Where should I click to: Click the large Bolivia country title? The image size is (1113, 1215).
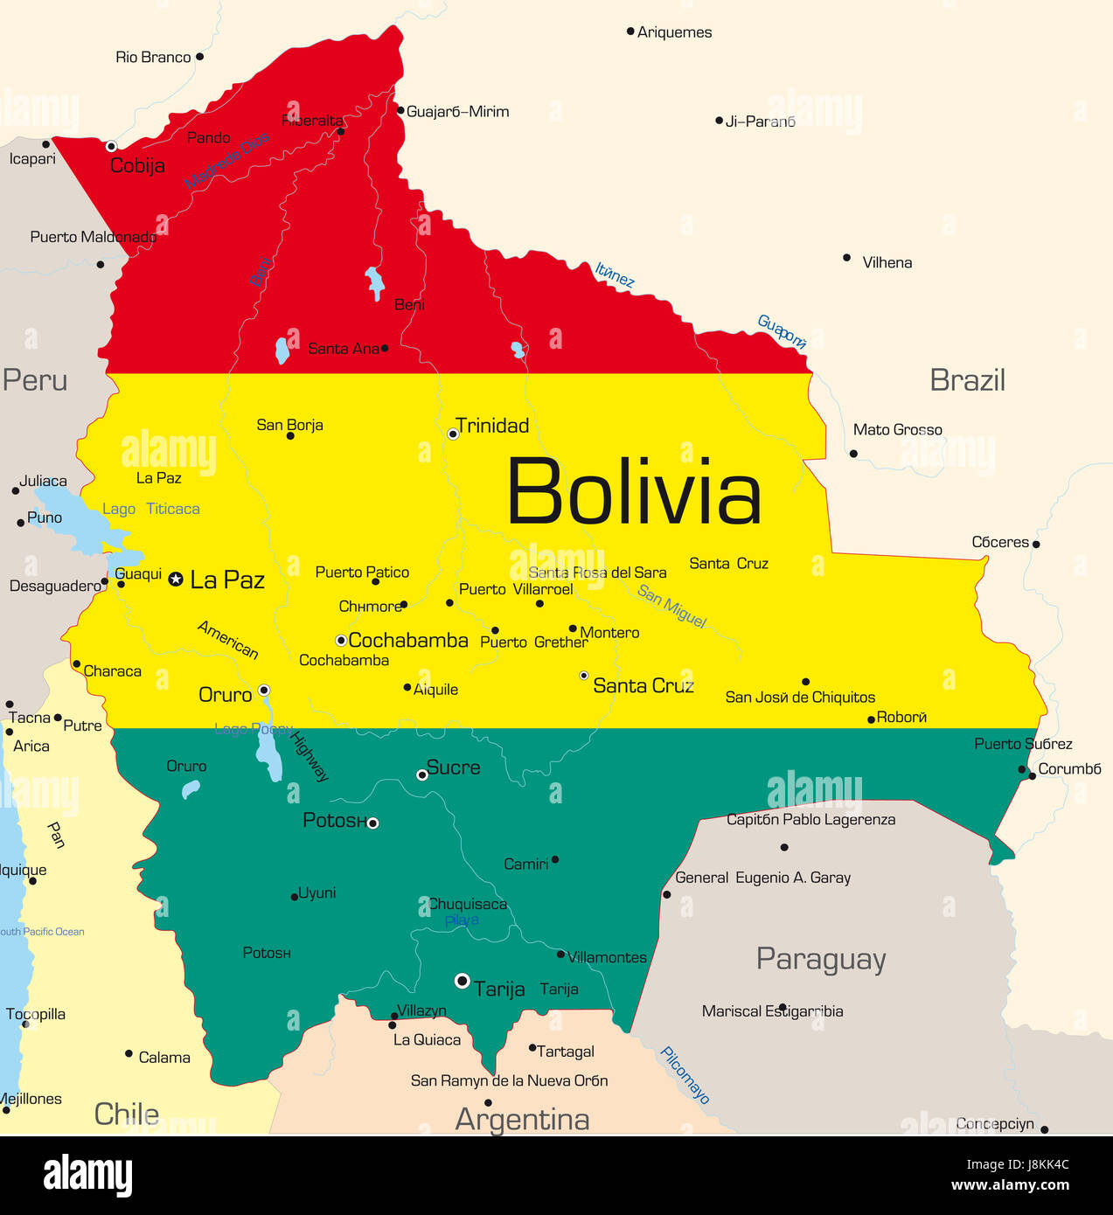(634, 491)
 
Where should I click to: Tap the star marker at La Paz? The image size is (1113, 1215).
(176, 579)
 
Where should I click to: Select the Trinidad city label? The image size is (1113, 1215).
(492, 426)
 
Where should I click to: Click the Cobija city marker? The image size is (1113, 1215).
(111, 146)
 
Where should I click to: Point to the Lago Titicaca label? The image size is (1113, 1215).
(150, 509)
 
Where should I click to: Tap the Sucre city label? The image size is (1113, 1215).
(453, 767)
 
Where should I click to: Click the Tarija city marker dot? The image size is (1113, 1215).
(463, 981)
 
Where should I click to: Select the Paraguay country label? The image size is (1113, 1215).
(821, 959)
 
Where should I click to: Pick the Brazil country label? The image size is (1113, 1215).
(967, 380)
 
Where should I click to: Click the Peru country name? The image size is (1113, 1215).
(35, 380)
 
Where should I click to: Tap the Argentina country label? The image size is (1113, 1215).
(522, 1119)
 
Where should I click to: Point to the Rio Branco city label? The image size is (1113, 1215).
(153, 57)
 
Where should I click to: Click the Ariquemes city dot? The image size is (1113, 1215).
(630, 31)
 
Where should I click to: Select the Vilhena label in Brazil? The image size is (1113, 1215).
(887, 262)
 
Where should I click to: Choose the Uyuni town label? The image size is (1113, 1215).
(317, 892)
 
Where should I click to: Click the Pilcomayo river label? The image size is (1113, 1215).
(685, 1075)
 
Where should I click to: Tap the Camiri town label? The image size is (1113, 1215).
(525, 864)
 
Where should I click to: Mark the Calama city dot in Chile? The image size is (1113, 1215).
(129, 1054)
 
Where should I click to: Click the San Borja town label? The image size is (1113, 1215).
(289, 425)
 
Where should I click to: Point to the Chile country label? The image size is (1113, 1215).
(127, 1114)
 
